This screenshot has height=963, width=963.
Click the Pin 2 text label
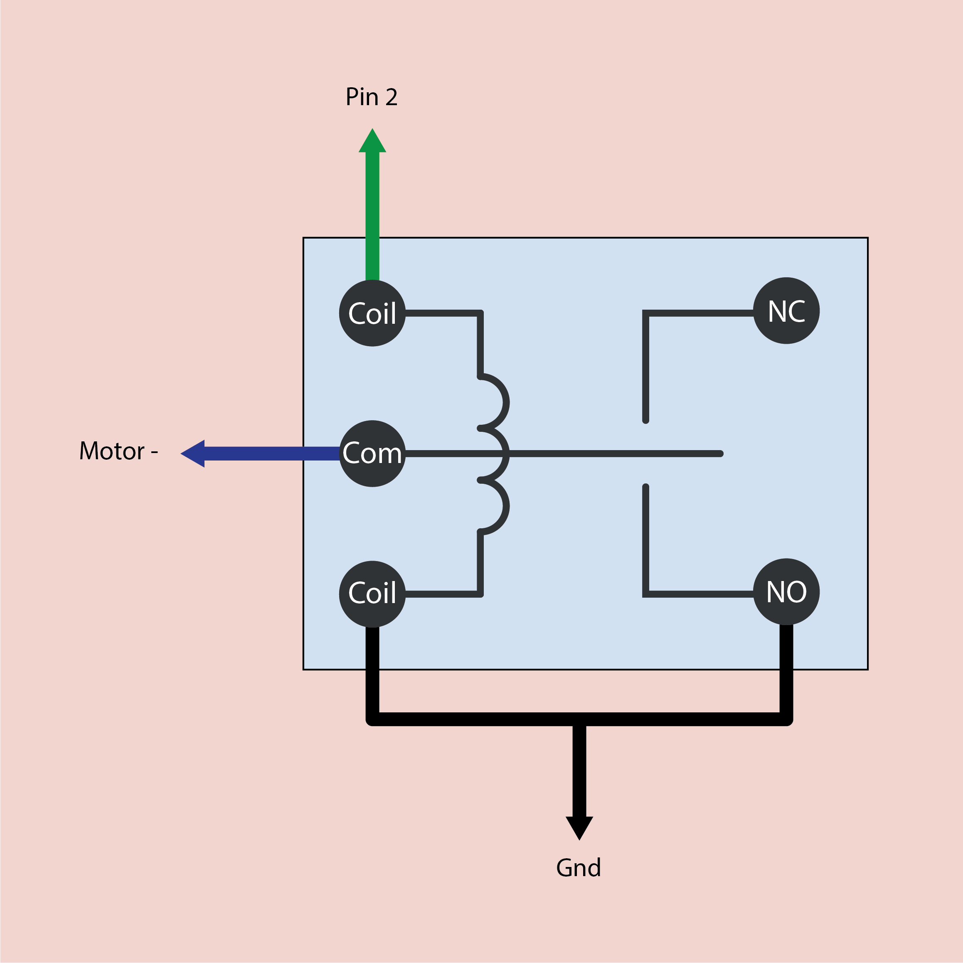(x=371, y=97)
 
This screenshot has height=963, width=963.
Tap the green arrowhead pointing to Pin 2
(x=372, y=142)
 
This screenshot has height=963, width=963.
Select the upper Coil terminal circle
(x=372, y=313)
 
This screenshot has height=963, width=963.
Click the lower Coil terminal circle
(x=372, y=594)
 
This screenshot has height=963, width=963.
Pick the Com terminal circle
(x=372, y=453)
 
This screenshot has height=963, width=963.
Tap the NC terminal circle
(x=786, y=310)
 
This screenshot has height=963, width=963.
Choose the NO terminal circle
(x=786, y=592)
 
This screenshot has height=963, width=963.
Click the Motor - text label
(x=118, y=451)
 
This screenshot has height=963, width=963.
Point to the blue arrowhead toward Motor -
(x=193, y=453)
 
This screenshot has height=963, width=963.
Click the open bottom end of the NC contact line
(x=645, y=420)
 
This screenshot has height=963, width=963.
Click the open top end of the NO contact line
(x=645, y=487)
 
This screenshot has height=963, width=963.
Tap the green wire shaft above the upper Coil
(x=372, y=214)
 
